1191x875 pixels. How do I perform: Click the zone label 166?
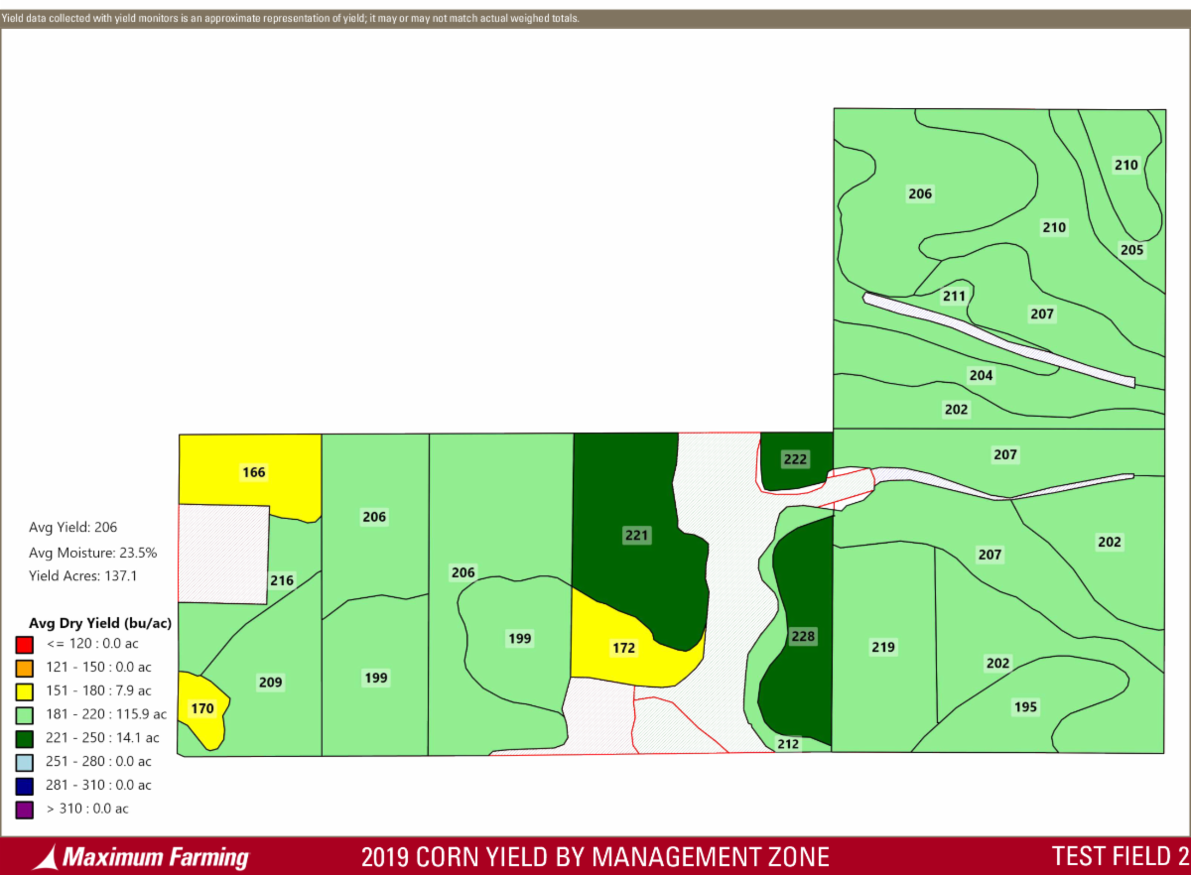[254, 472]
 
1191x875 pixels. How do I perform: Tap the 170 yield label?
[202, 708]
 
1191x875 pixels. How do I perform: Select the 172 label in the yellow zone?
[623, 648]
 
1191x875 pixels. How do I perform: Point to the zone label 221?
[636, 536]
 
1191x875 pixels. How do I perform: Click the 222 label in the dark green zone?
[795, 459]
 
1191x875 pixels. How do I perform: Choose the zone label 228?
[802, 636]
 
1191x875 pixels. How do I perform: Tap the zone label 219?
[883, 647]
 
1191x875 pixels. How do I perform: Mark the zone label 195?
[1025, 706]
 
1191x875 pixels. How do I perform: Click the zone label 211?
[954, 296]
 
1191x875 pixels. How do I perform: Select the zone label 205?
[1131, 250]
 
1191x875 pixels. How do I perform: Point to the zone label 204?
[981, 375]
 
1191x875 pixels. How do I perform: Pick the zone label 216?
[282, 580]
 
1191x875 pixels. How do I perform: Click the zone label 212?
[788, 743]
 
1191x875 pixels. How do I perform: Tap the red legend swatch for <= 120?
[24, 643]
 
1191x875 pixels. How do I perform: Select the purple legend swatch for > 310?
[24, 809]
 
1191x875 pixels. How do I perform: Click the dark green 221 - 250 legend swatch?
[24, 737]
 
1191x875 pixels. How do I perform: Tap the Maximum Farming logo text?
[155, 857]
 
